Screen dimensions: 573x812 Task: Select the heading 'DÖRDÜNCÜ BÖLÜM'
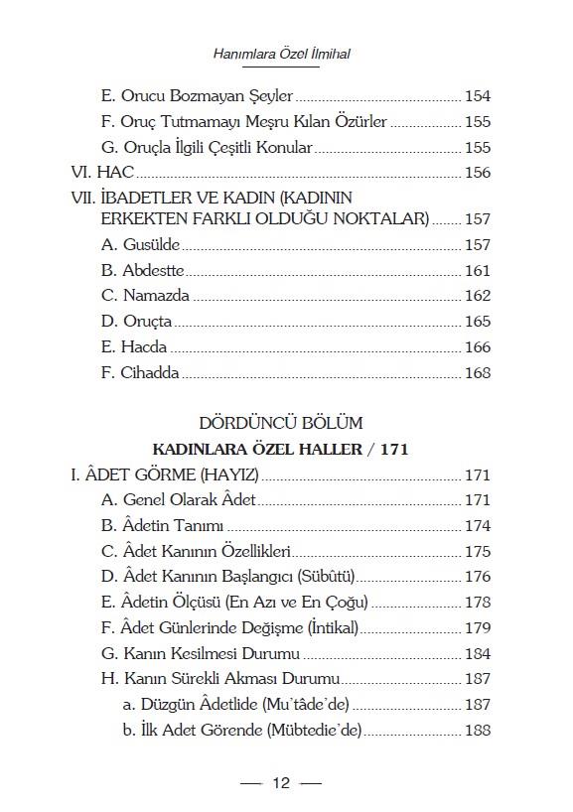pos(281,423)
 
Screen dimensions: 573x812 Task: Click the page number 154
pos(478,96)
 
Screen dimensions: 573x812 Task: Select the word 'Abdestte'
pos(154,270)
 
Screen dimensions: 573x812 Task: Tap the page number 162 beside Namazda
pos(478,296)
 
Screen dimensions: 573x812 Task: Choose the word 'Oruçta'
pos(148,322)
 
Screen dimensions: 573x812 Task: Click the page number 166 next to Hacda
pos(478,347)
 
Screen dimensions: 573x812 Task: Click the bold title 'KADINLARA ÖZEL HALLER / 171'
pos(281,450)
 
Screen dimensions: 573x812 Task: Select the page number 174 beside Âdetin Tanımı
pos(478,525)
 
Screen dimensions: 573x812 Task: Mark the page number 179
pos(478,628)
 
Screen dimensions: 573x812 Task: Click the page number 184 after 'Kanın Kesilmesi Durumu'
pos(478,654)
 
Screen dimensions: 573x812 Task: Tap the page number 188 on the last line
pos(478,732)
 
